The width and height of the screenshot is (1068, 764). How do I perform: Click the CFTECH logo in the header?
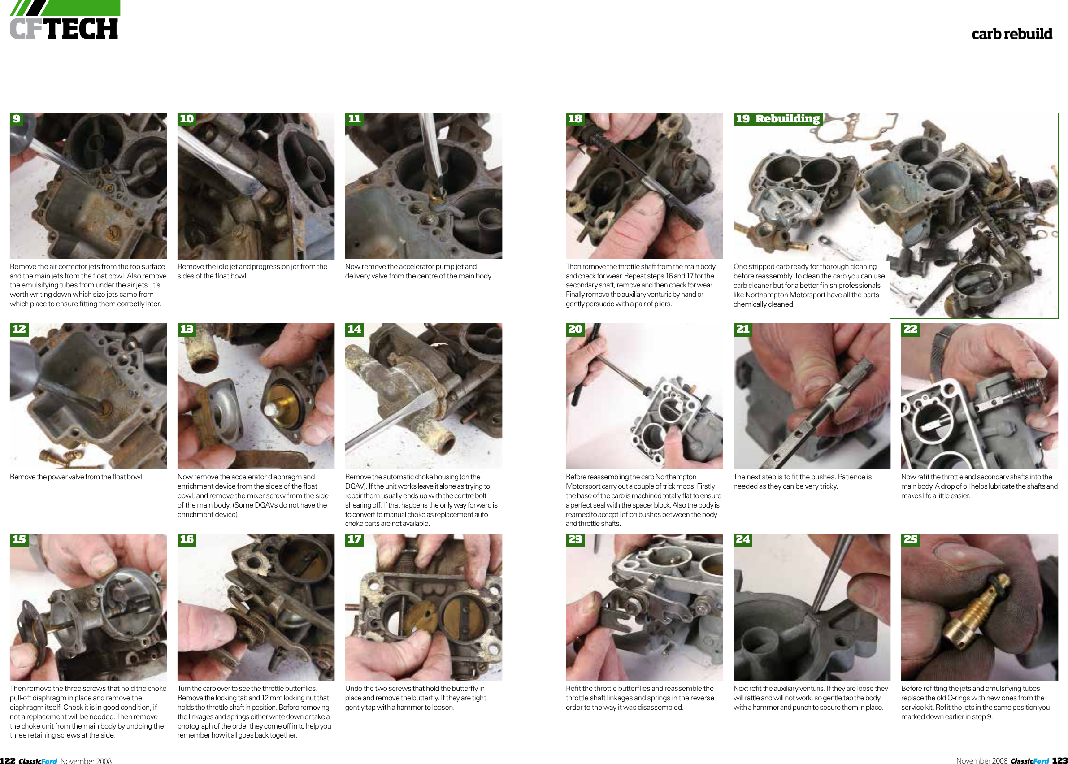[64, 21]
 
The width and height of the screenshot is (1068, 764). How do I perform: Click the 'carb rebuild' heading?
[1012, 34]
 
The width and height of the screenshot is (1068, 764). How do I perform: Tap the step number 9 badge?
[17, 118]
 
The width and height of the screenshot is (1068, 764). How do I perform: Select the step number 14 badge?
[354, 329]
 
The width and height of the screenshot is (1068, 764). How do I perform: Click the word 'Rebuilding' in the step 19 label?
[788, 118]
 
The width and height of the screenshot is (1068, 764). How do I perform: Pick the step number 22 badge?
[910, 329]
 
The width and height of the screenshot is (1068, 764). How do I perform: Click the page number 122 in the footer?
[8, 760]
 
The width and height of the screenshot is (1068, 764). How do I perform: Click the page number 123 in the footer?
[1059, 760]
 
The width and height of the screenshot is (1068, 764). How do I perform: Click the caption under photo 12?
[77, 477]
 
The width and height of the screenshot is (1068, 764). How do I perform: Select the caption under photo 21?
[803, 481]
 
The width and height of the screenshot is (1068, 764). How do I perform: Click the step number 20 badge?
[575, 329]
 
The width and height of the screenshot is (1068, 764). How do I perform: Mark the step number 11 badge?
[354, 118]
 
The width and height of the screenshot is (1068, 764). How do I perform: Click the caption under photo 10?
[252, 271]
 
